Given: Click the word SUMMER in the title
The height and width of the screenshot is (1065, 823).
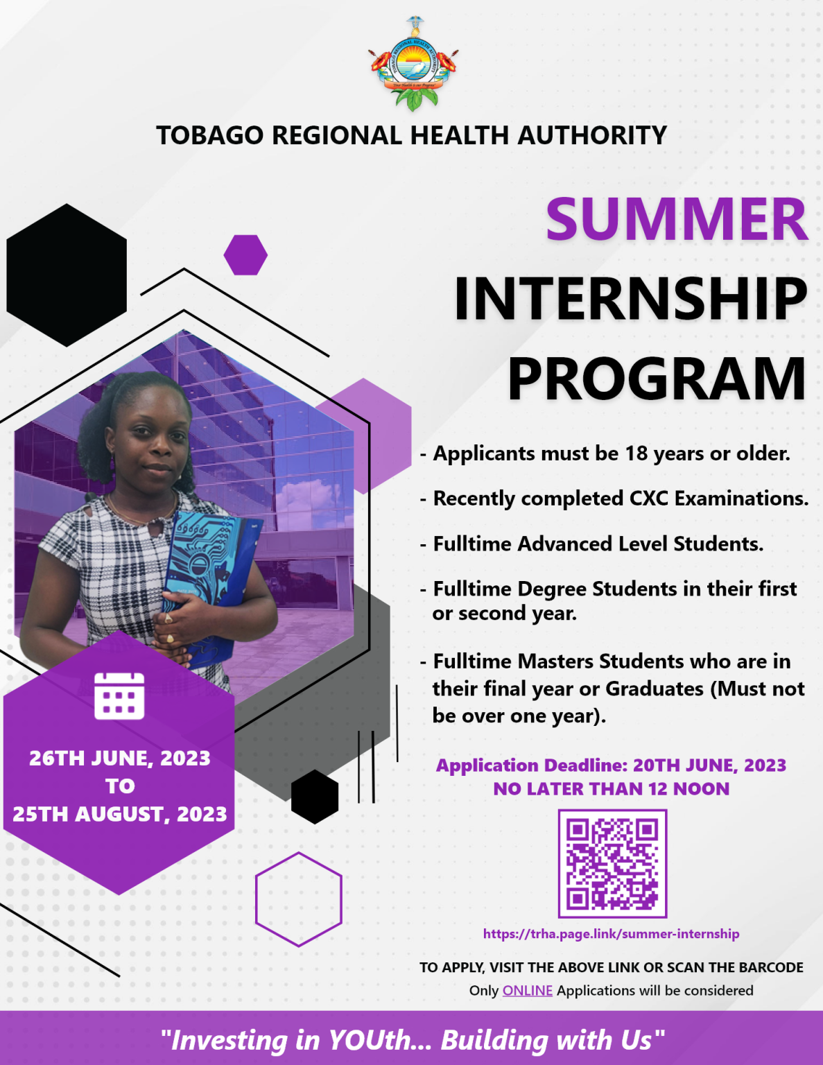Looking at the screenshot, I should pos(676,219).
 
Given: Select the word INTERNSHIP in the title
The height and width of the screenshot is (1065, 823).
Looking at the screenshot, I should pos(630,299).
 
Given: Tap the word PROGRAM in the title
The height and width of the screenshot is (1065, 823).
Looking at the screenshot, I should pos(657,379).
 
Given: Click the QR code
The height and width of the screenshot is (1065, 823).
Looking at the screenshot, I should pos(612,863).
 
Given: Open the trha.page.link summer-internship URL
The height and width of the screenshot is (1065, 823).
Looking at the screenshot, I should pos(611,934).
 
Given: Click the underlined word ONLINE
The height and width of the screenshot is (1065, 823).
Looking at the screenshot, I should pos(527,991).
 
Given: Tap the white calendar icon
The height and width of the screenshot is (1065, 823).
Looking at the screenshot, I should pos(119,695).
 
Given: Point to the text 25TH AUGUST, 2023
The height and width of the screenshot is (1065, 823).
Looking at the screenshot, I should pos(119,814).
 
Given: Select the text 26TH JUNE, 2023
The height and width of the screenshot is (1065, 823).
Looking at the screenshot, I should pos(119,758).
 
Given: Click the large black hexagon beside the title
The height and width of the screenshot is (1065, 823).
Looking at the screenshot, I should pos(67,275).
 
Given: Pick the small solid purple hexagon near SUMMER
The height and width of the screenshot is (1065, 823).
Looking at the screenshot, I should pos(245,254).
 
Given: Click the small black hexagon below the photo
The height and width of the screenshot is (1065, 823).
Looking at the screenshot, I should pos(315,797).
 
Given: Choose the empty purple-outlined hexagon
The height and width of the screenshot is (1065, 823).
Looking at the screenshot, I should pos(298,899).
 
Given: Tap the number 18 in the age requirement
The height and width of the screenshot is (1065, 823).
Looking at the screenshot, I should pos(636,453).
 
